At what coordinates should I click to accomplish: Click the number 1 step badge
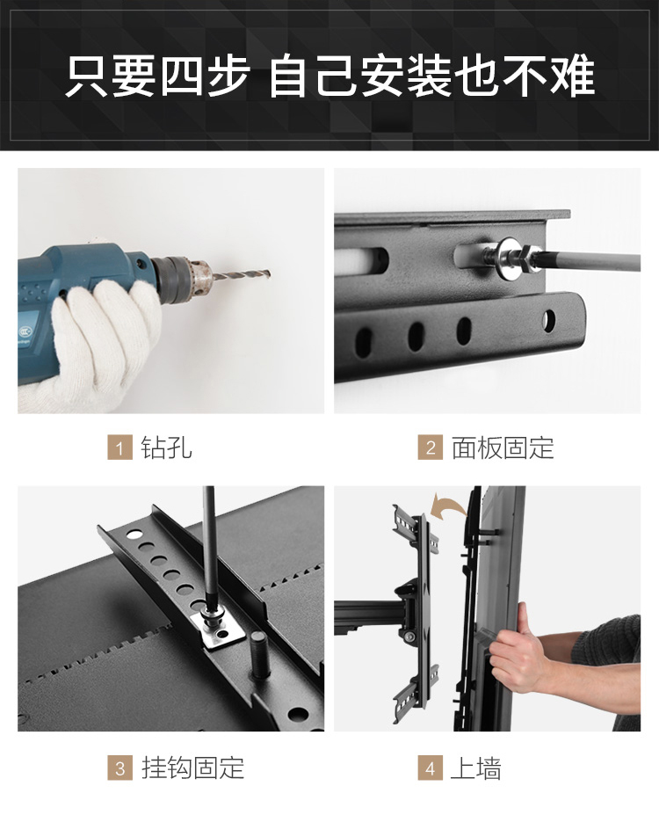tap(119, 448)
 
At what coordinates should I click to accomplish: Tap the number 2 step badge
tap(430, 448)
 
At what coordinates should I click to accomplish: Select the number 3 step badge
tap(119, 768)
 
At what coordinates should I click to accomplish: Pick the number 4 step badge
tap(430, 768)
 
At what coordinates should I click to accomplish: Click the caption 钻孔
tap(166, 448)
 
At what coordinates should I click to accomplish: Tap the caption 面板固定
tap(503, 448)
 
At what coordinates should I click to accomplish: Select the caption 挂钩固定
tap(192, 768)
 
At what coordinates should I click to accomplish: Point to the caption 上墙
tap(476, 768)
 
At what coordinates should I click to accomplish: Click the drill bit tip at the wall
tap(269, 274)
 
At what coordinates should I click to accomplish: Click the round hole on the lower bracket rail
tap(548, 320)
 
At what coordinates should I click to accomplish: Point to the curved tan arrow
tap(447, 505)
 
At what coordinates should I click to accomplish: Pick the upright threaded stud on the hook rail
tap(258, 653)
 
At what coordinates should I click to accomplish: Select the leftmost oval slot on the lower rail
tap(364, 342)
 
